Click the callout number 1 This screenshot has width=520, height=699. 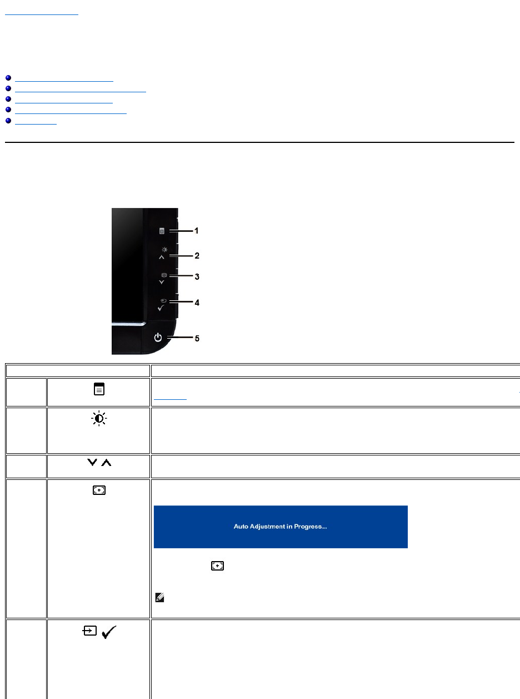(196, 230)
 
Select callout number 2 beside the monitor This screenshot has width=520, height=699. (196, 256)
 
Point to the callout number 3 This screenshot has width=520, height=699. (196, 276)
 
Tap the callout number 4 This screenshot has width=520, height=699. (196, 303)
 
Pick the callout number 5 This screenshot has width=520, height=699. (196, 338)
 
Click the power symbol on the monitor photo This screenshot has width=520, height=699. (158, 337)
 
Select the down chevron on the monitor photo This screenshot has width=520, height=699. (162, 282)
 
